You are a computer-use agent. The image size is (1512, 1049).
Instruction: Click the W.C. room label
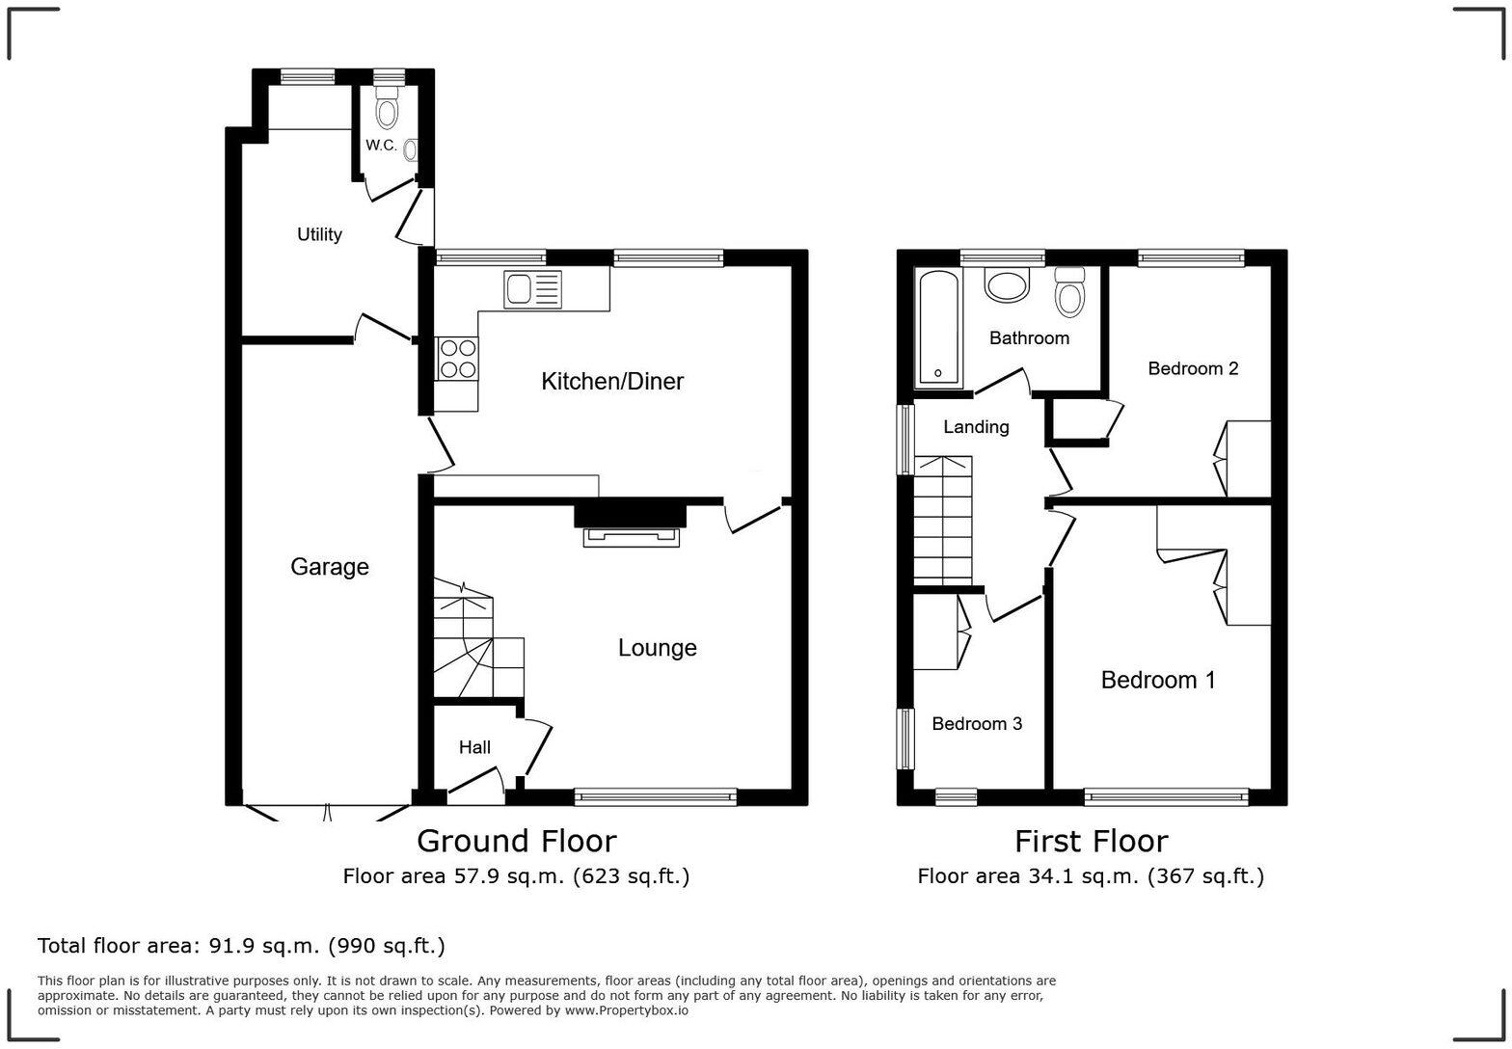[x=381, y=146]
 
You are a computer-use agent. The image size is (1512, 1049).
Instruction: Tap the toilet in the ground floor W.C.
[x=387, y=108]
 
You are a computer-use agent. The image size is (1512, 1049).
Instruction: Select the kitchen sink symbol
[x=531, y=289]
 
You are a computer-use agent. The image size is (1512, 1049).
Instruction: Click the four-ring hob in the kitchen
[x=456, y=359]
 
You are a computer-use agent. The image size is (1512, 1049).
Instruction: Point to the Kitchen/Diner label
[x=612, y=382]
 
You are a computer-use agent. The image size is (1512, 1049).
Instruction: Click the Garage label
[x=330, y=567]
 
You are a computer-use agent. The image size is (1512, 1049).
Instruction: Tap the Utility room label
[x=319, y=234]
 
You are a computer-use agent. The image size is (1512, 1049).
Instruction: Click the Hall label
[x=474, y=747]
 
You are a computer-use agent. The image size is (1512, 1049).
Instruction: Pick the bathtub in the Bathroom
[x=937, y=328]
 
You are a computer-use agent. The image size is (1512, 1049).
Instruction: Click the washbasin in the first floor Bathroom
[x=1007, y=285]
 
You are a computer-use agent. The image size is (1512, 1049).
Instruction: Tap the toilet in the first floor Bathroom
[x=1070, y=291]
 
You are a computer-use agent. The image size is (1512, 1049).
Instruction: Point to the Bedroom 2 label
[x=1193, y=368]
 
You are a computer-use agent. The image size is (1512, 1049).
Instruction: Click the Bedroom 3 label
[x=977, y=724]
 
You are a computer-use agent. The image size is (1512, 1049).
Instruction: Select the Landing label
[x=976, y=427]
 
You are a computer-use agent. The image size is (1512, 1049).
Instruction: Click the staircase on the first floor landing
[x=943, y=521]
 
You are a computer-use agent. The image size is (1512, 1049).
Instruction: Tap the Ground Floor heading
[x=516, y=842]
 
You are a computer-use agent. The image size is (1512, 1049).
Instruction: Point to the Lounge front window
[x=656, y=796]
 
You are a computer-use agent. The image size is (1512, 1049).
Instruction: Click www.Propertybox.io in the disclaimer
[x=627, y=1010]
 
